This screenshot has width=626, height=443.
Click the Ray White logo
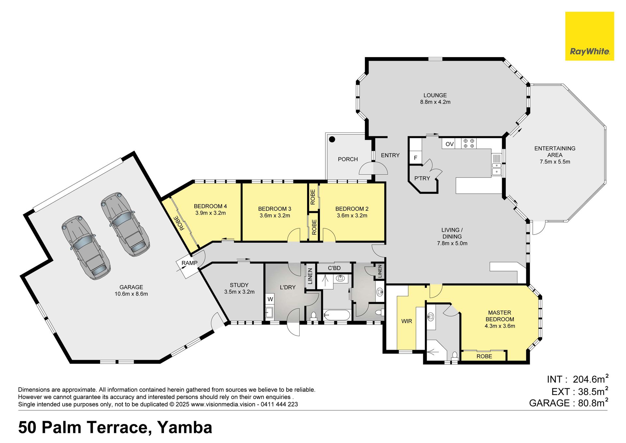(589, 36)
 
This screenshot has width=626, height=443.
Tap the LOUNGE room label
(435, 95)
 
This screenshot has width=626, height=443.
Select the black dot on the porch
(332, 140)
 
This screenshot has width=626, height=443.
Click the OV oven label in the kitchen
(450, 144)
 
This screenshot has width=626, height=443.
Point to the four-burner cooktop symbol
(469, 144)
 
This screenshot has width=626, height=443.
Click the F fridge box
(416, 158)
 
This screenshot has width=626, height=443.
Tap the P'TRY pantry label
(422, 178)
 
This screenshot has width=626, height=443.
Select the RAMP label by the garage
(189, 263)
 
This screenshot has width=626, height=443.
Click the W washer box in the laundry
(270, 299)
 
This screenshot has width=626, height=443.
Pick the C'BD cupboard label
(334, 268)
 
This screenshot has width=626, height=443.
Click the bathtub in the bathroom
(337, 315)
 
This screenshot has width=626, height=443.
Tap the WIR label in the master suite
(407, 321)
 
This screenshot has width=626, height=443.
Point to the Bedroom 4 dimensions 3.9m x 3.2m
(210, 213)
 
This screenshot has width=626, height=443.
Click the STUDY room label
(239, 285)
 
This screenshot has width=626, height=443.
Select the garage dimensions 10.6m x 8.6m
(131, 294)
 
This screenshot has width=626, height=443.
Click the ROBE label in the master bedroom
(484, 357)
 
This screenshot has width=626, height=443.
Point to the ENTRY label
(390, 155)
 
